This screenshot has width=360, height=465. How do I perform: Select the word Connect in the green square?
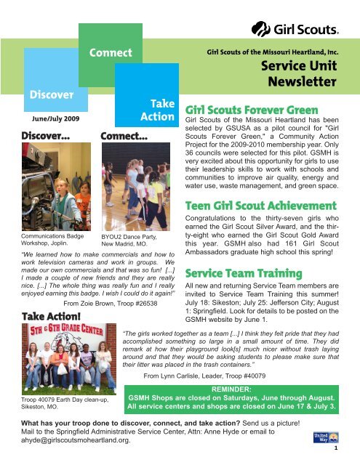[x=110, y=52]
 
